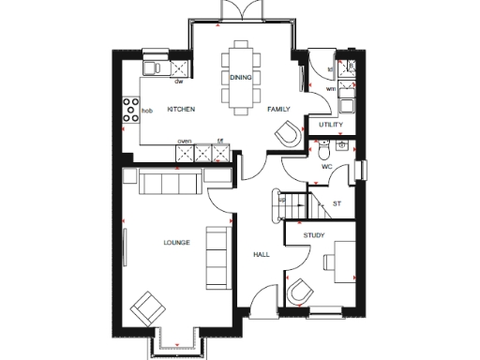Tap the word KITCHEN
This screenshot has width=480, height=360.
pos(181,110)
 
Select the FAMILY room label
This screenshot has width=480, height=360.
pos(278,110)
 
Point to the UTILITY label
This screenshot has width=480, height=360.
pos(331,125)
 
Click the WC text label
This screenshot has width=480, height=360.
pos(327,167)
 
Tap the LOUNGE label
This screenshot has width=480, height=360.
pos(176,243)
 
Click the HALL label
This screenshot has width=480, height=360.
pos(262,254)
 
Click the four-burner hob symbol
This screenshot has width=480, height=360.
pos(128,110)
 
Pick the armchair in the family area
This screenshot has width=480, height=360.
pos(287,134)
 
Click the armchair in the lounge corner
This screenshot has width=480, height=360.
pos(145,306)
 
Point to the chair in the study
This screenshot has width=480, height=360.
pos(301,292)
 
